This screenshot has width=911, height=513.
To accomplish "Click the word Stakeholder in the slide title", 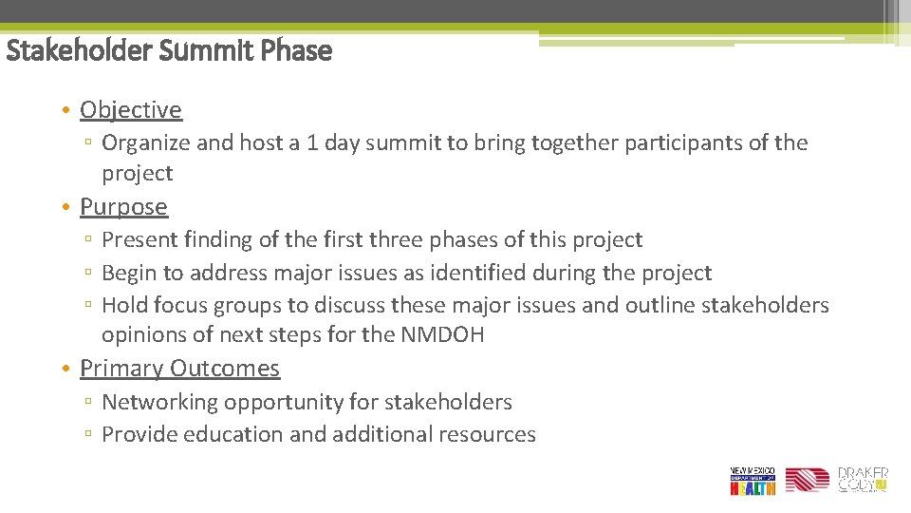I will coord(79,50).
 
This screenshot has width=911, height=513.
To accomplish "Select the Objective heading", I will coord(131,110).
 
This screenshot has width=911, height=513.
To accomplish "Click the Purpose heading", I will coord(123,207).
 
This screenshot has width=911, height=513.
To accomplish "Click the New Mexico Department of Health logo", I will coord(753,481).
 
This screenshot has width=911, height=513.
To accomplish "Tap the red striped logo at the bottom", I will coord(807,481).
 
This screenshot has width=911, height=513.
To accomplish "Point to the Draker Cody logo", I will coord(863,479).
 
